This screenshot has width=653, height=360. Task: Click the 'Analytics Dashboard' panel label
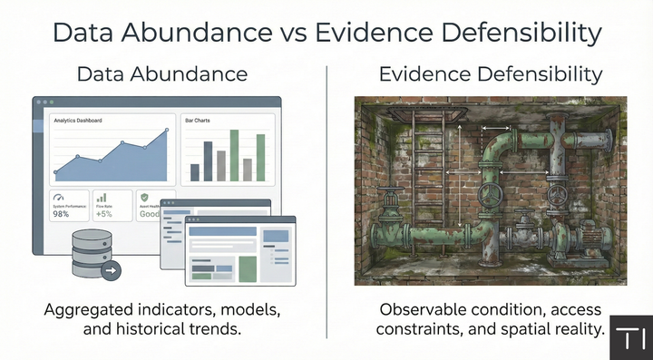[77, 121]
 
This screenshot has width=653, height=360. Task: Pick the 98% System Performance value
[63, 214]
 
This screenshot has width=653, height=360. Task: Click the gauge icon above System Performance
[60, 197]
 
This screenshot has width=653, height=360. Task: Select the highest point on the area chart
[167, 131]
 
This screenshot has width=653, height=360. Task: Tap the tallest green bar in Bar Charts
[234, 155]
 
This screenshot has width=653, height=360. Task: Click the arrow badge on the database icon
[111, 270]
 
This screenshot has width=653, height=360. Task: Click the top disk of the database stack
[92, 237]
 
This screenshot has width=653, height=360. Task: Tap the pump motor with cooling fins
[593, 238]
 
